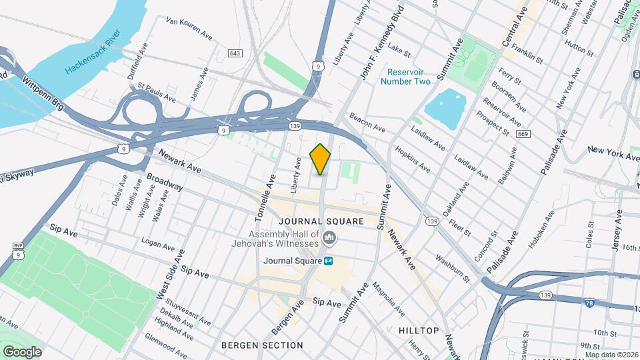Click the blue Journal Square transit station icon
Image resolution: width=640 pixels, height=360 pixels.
tap(329, 261)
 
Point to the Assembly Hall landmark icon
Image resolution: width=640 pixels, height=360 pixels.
tap(328, 238)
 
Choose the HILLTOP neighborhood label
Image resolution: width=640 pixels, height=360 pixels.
tap(419, 331)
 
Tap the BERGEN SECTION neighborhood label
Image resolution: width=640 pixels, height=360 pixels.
tap(262, 345)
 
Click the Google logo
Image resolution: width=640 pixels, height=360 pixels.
tap(22, 351)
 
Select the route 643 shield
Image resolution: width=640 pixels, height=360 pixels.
tap(234, 53)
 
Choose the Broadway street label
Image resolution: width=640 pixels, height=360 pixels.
tap(165, 182)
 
